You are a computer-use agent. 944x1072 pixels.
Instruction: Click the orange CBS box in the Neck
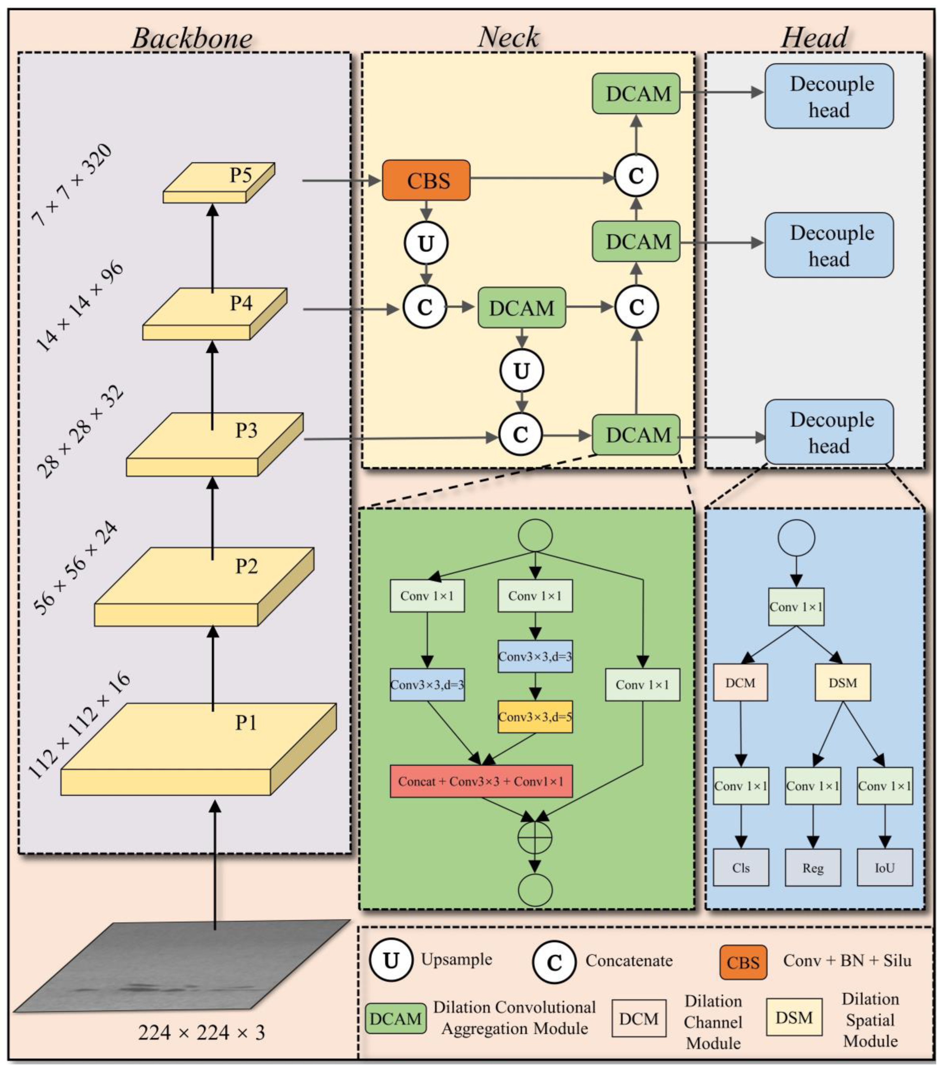click(426, 180)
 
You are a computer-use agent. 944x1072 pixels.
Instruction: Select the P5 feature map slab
click(219, 182)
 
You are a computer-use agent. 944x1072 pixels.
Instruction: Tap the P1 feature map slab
click(198, 749)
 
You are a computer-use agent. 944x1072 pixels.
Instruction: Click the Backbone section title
click(192, 38)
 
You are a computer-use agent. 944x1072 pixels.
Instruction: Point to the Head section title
click(815, 38)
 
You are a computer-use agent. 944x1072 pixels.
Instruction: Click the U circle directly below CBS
click(426, 243)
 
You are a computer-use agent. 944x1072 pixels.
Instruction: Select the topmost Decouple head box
click(829, 96)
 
